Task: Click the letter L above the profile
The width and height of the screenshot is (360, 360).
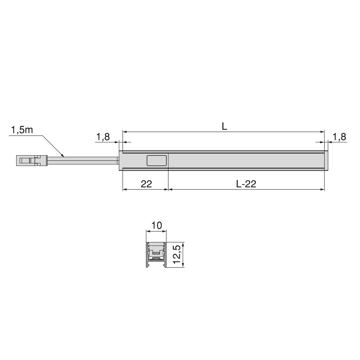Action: coord(224,126)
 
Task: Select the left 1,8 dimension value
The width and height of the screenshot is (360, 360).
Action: coord(103,137)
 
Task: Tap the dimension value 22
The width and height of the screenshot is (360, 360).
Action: coord(146,184)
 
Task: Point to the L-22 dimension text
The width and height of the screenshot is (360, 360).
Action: coord(246,184)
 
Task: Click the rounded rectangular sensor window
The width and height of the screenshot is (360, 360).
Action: coord(157,161)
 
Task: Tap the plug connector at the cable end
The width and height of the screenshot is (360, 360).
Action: coord(32,161)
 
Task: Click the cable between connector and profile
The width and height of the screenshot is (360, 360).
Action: coord(83,161)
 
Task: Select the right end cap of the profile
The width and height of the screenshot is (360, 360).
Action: coord(326,161)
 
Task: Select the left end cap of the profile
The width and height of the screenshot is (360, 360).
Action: coord(121,161)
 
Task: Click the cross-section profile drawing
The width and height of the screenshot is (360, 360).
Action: coord(156,255)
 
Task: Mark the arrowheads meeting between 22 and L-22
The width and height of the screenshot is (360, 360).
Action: coord(169,189)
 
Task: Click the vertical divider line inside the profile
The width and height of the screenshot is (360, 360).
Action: coord(169,161)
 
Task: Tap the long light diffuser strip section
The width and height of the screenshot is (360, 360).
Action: coord(246,161)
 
